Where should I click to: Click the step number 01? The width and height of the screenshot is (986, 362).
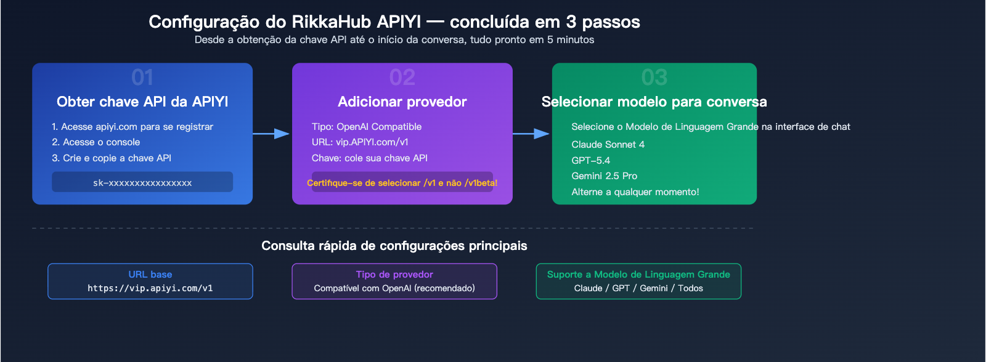[142, 78]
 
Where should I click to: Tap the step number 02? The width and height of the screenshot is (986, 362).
[402, 78]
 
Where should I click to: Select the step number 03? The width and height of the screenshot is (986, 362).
[654, 78]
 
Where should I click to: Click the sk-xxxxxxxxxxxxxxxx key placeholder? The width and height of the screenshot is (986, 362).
[142, 183]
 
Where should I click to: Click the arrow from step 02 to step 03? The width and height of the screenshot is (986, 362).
[531, 134]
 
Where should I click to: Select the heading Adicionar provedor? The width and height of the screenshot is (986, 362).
[402, 102]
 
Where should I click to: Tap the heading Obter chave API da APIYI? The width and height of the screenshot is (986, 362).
[142, 102]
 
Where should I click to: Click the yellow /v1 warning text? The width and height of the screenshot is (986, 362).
[402, 183]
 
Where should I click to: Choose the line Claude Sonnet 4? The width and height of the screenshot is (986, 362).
[608, 145]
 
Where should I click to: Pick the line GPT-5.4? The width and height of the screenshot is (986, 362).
[590, 161]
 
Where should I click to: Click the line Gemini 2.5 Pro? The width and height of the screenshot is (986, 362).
[604, 176]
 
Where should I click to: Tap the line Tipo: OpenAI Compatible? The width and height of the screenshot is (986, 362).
[367, 127]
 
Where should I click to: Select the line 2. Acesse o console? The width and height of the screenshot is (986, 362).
[96, 142]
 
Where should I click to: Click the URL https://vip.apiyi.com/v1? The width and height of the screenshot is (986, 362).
[150, 288]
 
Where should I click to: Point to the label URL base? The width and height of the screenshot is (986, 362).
[150, 275]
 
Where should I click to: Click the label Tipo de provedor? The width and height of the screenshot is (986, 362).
[394, 275]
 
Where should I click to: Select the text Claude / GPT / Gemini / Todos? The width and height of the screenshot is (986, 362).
[638, 288]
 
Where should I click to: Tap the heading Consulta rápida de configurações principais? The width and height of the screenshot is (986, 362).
[394, 246]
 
